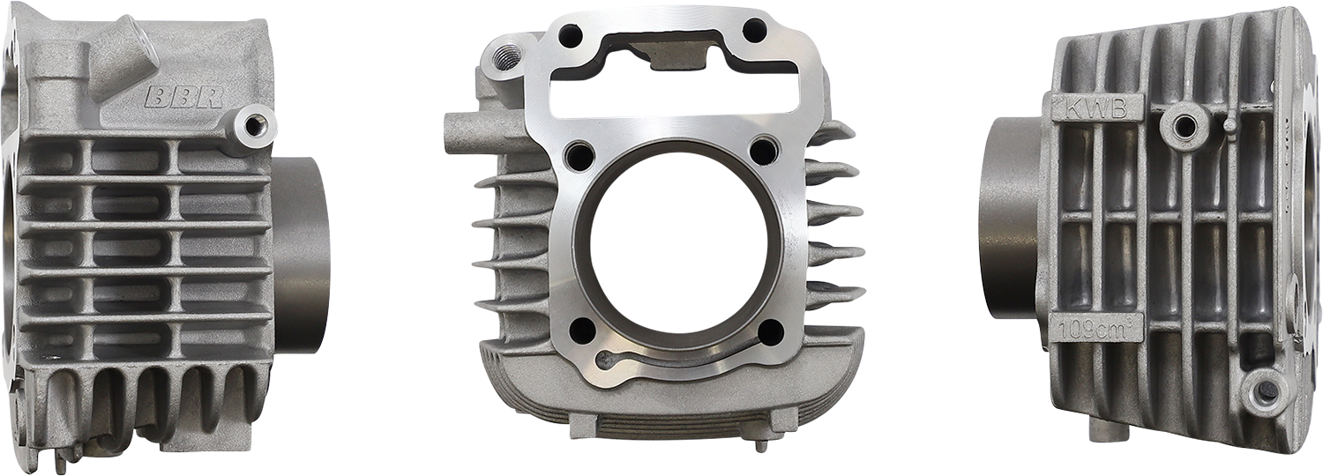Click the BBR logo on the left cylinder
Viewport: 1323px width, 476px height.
point(184,97)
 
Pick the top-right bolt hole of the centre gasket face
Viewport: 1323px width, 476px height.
point(755,30)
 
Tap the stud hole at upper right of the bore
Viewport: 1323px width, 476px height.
point(766,151)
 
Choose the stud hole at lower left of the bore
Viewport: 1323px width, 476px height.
point(583,331)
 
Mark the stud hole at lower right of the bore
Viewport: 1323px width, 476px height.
point(770,332)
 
